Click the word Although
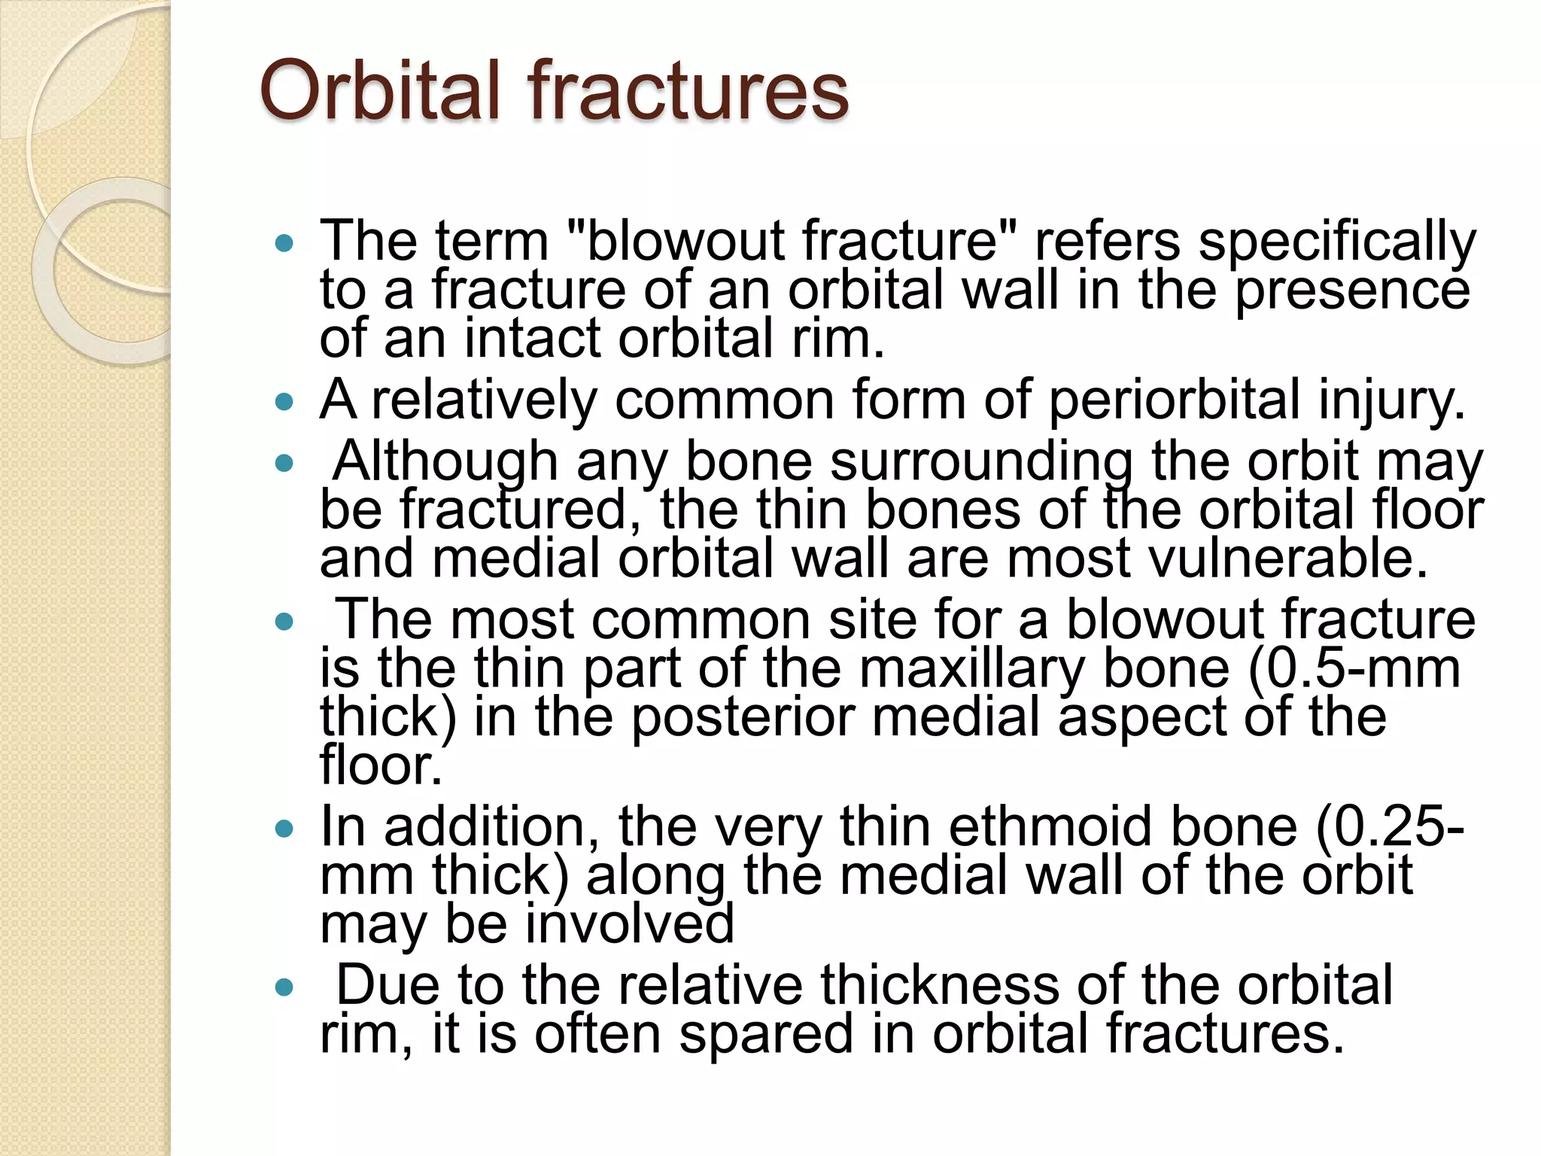445,462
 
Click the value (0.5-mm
1354,668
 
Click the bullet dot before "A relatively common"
284,403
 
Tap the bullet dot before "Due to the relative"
284,987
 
